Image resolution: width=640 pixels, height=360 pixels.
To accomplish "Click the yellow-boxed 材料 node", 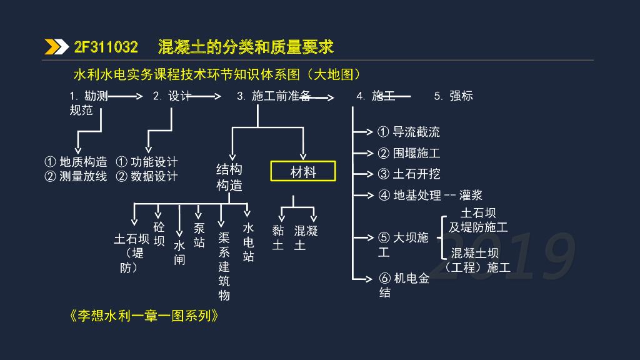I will [x=303, y=171].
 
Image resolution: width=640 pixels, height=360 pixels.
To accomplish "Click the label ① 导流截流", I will [x=409, y=132].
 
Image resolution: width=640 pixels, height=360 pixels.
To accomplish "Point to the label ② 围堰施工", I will [x=409, y=153].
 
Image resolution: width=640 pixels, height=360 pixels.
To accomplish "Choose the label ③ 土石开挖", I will [x=409, y=174].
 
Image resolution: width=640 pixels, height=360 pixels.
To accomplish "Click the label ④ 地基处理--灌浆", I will [x=430, y=195].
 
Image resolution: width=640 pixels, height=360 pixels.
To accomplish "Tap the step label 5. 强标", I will [x=453, y=96].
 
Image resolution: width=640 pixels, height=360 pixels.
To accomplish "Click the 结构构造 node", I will [x=229, y=177].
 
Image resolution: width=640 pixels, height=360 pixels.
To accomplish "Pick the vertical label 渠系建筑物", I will [x=224, y=266].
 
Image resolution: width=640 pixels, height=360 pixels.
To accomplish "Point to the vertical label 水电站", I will [x=248, y=242].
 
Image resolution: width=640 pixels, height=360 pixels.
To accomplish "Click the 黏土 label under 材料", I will [x=278, y=237].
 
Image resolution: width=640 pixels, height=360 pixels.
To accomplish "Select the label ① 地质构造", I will [x=76, y=162].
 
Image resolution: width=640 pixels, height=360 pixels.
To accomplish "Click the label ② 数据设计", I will [x=147, y=176].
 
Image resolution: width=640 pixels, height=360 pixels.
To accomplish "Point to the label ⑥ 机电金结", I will [x=404, y=285].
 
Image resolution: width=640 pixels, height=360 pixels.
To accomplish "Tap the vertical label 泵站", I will [x=199, y=234].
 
